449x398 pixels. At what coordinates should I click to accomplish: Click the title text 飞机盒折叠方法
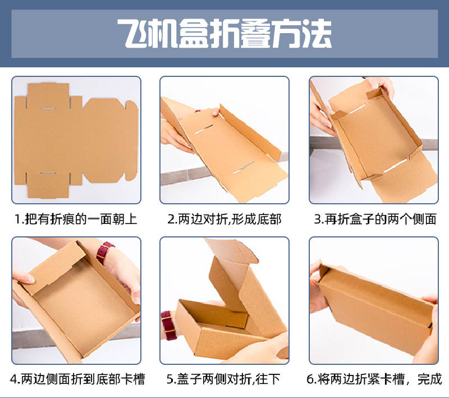click(x=224, y=34)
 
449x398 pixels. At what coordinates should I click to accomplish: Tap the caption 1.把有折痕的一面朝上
click(x=76, y=219)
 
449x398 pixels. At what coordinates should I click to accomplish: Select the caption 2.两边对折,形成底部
click(x=224, y=219)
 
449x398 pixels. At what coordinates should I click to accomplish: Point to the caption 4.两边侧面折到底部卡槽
click(x=77, y=379)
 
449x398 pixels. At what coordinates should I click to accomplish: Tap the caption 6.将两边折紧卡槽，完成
click(x=374, y=379)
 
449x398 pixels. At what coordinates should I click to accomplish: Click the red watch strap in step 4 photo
click(x=104, y=253)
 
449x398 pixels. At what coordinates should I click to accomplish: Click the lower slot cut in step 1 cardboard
click(x=48, y=173)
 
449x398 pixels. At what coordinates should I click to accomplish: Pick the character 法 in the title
click(x=317, y=34)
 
